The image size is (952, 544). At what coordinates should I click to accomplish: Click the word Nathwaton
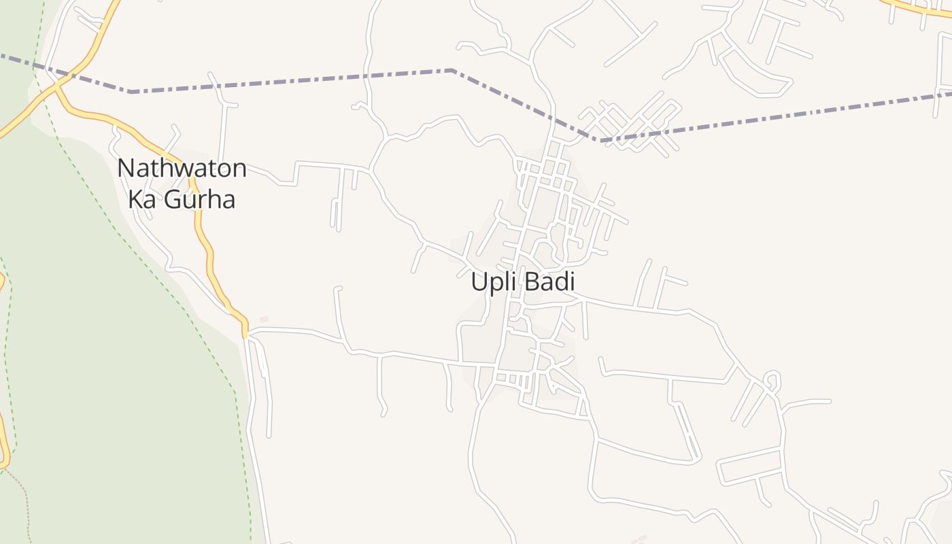tap(182, 168)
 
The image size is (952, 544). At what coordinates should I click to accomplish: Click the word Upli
tap(492, 282)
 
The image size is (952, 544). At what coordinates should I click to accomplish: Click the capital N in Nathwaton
tap(124, 168)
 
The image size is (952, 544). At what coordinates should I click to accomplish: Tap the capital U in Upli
tap(478, 282)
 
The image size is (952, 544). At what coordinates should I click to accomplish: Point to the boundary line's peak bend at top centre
tap(452, 70)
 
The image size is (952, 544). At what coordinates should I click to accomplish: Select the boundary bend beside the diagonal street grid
tap(598, 141)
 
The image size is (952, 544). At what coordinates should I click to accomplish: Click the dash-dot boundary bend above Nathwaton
tap(131, 91)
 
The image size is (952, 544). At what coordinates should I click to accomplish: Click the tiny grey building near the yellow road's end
tap(264, 319)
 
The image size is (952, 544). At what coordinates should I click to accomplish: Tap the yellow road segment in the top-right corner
tap(918, 9)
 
